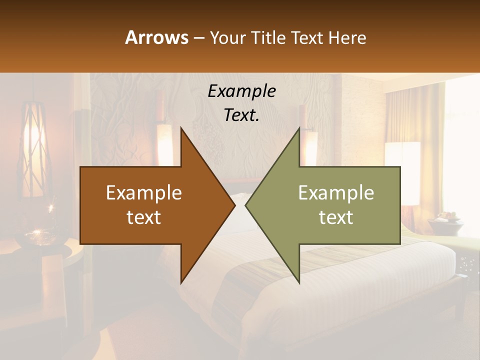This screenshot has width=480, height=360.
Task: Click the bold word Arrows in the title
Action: (x=156, y=37)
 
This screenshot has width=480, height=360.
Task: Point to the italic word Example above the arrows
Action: (x=241, y=91)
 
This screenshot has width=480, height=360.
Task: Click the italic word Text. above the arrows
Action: (x=241, y=115)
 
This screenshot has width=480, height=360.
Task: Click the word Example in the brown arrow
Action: (x=144, y=193)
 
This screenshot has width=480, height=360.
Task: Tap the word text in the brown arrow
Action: (x=144, y=217)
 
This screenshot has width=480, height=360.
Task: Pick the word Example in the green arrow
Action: (x=336, y=193)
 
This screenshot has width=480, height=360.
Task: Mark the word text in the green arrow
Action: (x=336, y=217)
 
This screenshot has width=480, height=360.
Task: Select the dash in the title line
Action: (x=198, y=38)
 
